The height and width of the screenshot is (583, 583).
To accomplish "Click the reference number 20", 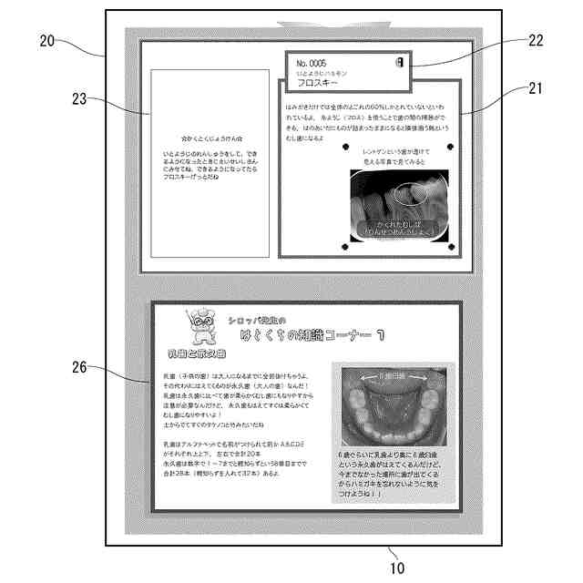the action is click(47, 39).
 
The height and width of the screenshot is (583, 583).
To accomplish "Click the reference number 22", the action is click(536, 41).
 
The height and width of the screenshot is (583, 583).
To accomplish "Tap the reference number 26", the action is click(79, 368).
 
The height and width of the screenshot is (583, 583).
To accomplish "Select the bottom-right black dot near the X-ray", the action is click(452, 248).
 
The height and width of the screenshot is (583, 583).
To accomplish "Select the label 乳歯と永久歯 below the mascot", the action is click(198, 353).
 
